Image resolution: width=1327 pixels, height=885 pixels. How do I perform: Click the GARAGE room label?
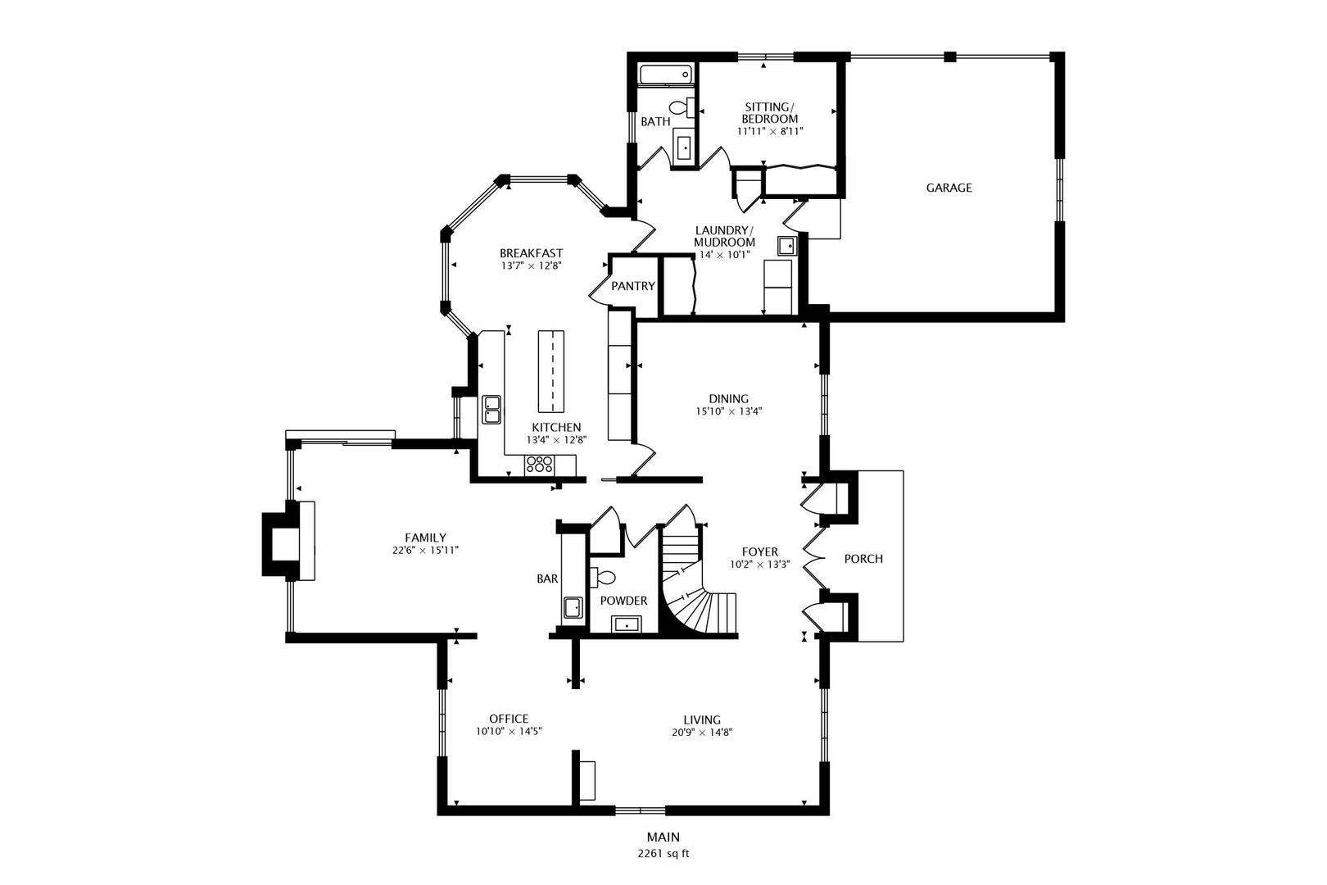[949, 188]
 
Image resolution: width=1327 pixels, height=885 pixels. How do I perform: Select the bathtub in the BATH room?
[666, 75]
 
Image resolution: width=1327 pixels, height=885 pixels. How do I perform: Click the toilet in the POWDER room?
[603, 577]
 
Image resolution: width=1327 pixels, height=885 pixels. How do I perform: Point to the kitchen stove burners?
[540, 465]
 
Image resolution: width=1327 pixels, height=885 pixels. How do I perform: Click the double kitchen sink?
[491, 408]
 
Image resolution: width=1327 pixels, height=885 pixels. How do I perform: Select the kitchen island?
[551, 371]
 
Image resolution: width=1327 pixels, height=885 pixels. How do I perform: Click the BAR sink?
[572, 608]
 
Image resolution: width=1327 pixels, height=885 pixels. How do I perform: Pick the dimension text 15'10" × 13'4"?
[729, 412]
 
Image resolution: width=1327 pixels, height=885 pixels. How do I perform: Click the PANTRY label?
[632, 286]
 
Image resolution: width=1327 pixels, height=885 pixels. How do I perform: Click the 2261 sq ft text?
[663, 853]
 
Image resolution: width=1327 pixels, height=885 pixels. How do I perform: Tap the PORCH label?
[863, 559]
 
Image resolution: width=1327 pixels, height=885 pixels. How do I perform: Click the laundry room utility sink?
[787, 245]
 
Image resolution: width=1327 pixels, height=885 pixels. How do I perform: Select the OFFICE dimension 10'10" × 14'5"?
[509, 732]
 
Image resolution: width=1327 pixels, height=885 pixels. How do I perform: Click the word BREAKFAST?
[532, 253]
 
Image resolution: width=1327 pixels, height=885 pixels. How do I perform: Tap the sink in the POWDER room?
[628, 624]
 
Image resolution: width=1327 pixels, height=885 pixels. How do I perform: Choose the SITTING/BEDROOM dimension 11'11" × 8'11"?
[769, 130]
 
